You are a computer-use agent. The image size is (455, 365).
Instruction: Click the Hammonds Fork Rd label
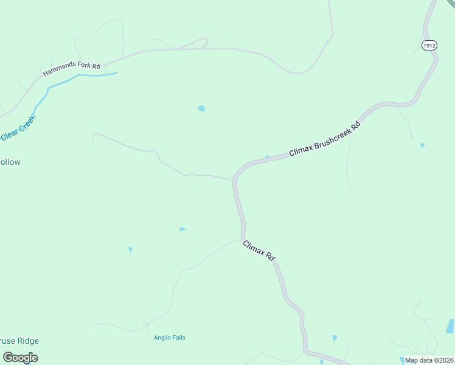click(71, 69)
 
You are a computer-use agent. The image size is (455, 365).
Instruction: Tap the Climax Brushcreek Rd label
click(325, 138)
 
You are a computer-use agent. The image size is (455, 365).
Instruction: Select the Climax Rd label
click(259, 251)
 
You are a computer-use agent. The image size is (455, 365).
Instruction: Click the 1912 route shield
click(429, 45)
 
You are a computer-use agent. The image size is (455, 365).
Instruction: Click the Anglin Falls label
click(170, 338)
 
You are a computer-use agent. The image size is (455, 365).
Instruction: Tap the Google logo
click(20, 358)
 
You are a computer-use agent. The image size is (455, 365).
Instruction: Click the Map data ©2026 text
click(429, 360)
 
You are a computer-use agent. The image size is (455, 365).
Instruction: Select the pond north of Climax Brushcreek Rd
click(201, 109)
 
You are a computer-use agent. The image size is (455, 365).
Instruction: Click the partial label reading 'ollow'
click(10, 162)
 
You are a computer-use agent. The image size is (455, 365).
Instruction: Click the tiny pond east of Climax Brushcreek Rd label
click(422, 145)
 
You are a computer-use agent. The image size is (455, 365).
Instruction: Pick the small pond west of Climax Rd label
click(182, 229)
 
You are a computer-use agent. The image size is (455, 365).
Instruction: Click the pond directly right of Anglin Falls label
click(334, 338)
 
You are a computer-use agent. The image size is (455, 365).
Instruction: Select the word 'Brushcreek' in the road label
click(333, 134)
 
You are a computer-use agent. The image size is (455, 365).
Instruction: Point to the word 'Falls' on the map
click(178, 338)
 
